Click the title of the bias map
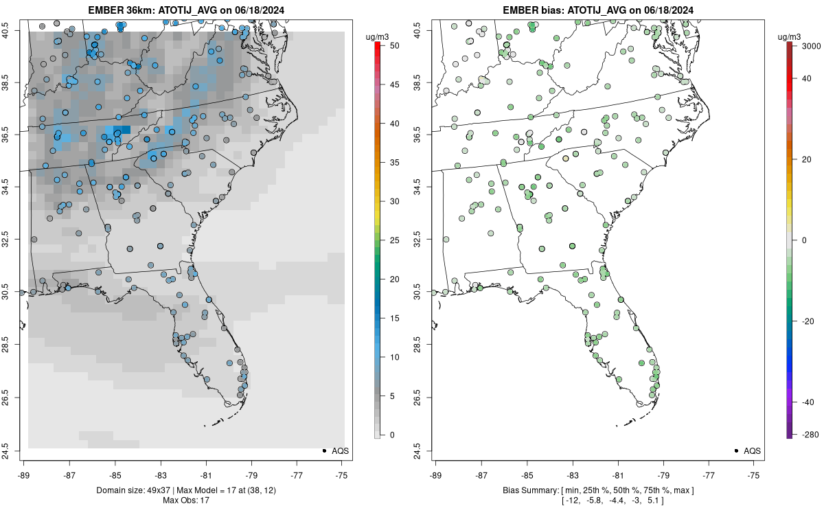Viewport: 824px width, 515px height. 597,10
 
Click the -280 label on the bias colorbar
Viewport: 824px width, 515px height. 809,435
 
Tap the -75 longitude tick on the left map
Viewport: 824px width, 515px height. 343,474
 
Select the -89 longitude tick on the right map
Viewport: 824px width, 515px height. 436,474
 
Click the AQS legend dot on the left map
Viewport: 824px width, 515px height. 323,450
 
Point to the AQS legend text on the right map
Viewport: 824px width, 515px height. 752,450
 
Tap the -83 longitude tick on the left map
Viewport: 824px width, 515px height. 160,474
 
